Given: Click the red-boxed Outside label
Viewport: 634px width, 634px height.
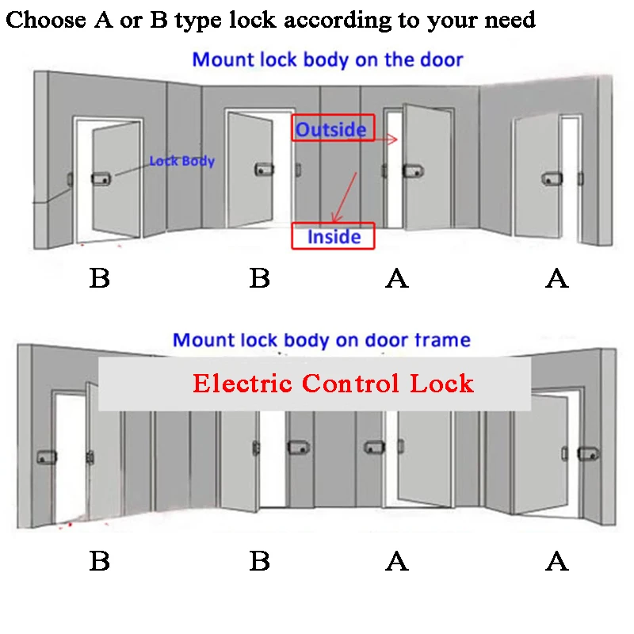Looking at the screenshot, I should pos(331,129).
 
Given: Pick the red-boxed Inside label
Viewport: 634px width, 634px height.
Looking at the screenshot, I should pos(334,236).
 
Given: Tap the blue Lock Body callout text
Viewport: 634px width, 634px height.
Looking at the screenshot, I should pos(182,161).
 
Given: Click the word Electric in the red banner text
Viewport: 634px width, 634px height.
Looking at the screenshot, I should pos(241,384).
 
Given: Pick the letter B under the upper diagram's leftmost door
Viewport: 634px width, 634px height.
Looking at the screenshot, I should pos(99,278).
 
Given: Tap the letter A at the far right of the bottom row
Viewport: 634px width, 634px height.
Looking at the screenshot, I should pos(557,562).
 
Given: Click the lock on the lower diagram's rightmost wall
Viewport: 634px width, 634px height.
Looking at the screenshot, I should pos(587,453).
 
